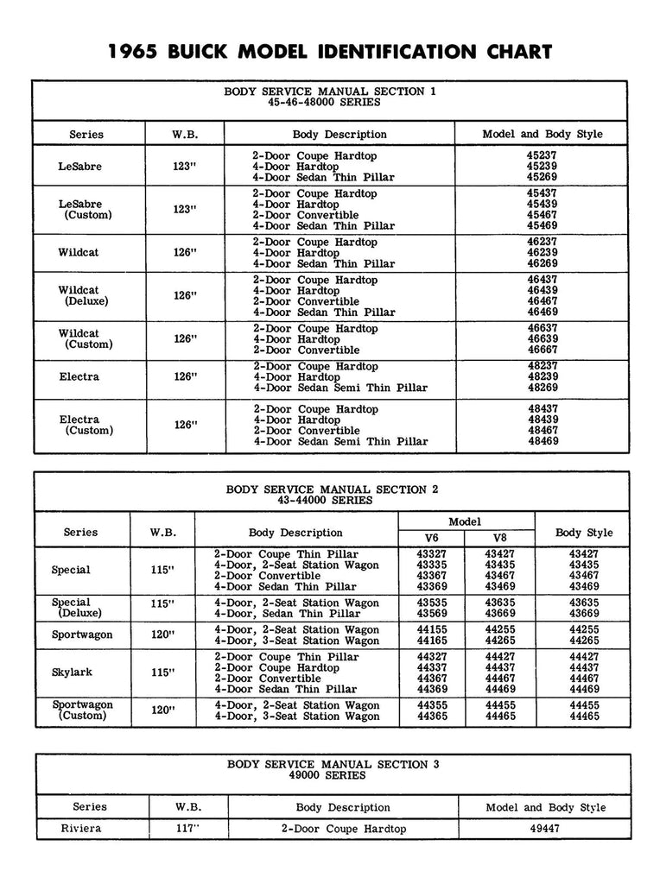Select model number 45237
tap(543, 156)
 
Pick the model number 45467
tap(543, 215)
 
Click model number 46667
tap(543, 350)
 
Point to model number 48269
tap(543, 388)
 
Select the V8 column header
tap(500, 538)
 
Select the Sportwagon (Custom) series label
tap(82, 710)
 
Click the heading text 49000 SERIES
tap(333, 775)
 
